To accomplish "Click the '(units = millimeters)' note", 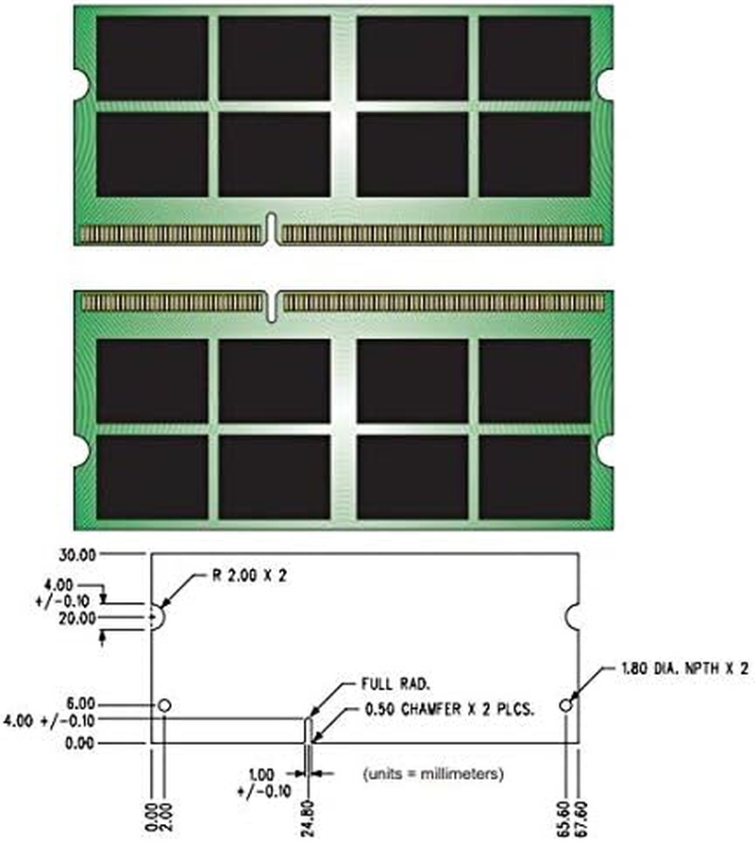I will (x=432, y=774).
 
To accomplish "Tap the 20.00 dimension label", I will (x=77, y=618).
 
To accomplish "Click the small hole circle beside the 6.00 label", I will (x=165, y=705).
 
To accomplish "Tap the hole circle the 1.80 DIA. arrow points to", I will (x=565, y=705).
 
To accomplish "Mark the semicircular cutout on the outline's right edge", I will (x=572, y=617).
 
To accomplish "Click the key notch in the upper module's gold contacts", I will (x=271, y=227).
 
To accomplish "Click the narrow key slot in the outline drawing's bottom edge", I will (x=307, y=731).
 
